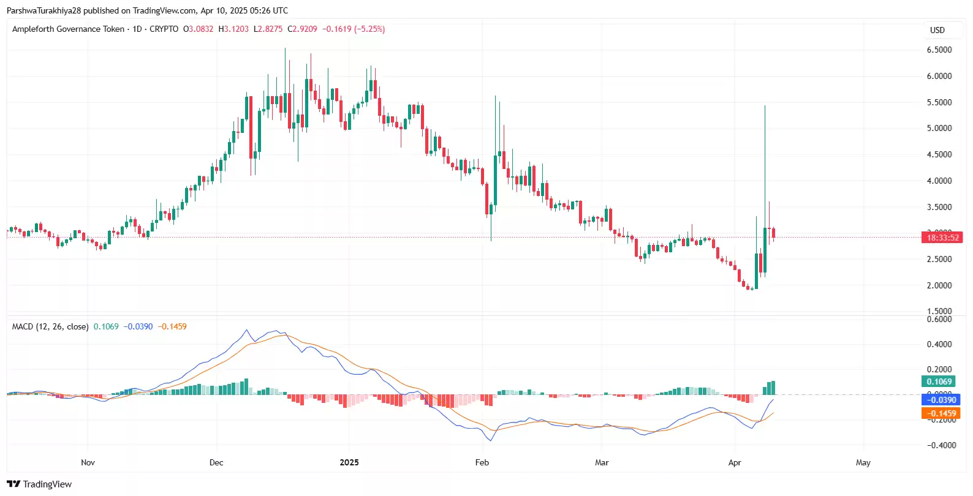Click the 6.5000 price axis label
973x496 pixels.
click(939, 50)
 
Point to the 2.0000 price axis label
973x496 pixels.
click(939, 285)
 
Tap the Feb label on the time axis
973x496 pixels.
click(482, 462)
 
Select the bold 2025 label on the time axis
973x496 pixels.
click(349, 462)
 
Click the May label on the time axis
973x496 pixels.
click(863, 462)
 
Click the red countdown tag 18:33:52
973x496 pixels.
click(942, 238)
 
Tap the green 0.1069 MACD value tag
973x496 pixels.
click(939, 381)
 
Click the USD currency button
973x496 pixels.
click(937, 30)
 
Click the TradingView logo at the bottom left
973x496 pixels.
click(39, 484)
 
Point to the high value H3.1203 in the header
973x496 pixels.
click(233, 29)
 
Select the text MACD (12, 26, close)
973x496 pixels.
click(50, 326)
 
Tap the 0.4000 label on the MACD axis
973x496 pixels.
click(939, 344)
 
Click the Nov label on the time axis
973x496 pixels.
click(88, 462)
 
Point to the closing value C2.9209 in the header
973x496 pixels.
click(303, 29)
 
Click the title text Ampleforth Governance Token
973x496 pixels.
click(68, 29)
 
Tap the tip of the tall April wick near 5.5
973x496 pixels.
click(765, 107)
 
